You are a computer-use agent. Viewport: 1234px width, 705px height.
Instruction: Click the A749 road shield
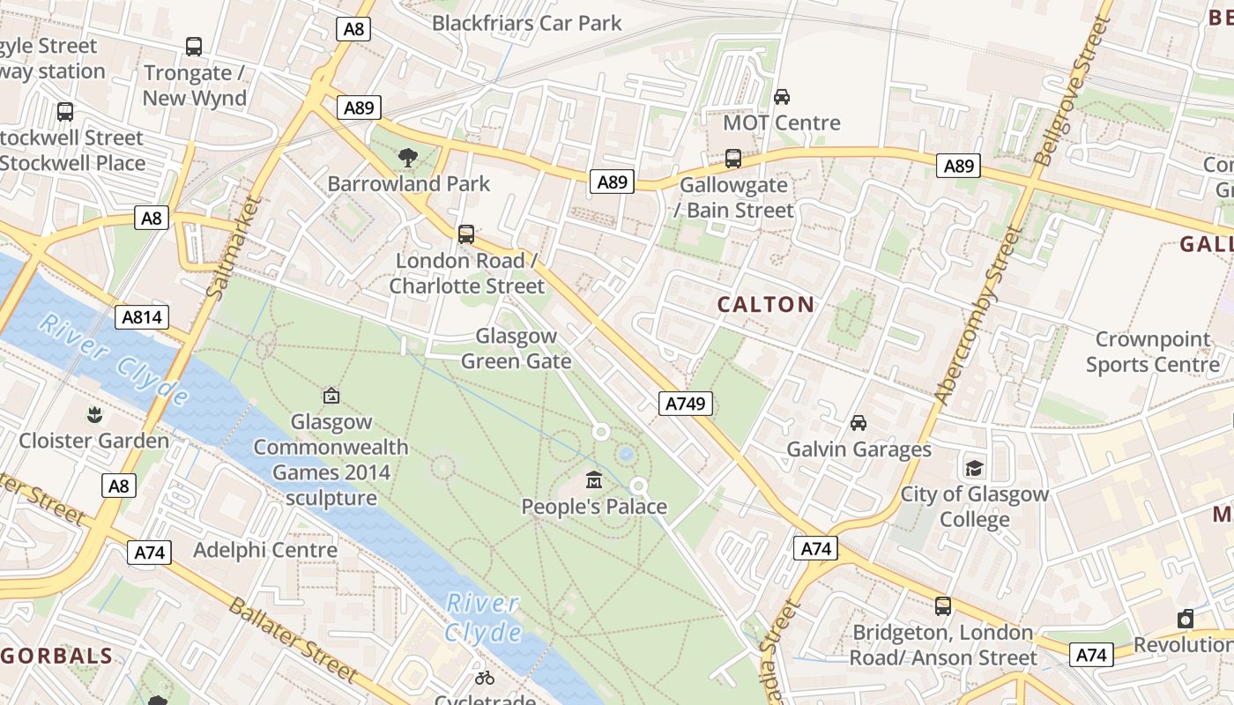point(685,404)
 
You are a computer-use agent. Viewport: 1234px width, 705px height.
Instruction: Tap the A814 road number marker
point(141,317)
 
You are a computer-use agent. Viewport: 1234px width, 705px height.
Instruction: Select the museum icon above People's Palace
point(594,481)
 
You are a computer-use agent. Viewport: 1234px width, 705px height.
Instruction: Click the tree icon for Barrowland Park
point(407,158)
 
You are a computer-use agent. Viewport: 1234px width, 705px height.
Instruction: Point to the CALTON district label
point(765,305)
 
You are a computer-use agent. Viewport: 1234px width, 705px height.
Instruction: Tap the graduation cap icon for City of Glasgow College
point(974,467)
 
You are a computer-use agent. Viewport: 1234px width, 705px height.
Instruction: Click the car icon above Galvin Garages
point(858,423)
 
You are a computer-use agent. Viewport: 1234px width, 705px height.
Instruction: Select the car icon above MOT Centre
point(781,96)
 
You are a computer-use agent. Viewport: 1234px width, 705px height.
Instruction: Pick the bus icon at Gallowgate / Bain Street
point(732,159)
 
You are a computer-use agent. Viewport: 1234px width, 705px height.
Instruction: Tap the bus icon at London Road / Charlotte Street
point(466,234)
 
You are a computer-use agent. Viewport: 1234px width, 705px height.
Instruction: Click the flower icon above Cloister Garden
point(93,413)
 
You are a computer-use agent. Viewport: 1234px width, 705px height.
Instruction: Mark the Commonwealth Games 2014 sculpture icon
point(331,396)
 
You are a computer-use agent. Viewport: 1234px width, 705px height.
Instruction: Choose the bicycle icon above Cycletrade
point(484,677)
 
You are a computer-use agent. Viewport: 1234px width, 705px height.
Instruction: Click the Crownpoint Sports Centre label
point(1152,352)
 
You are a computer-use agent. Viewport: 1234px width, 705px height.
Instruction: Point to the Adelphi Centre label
point(265,550)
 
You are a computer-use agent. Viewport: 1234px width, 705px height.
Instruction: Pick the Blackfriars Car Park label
point(526,23)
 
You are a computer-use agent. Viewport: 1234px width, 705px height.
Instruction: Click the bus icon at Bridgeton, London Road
point(942,606)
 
